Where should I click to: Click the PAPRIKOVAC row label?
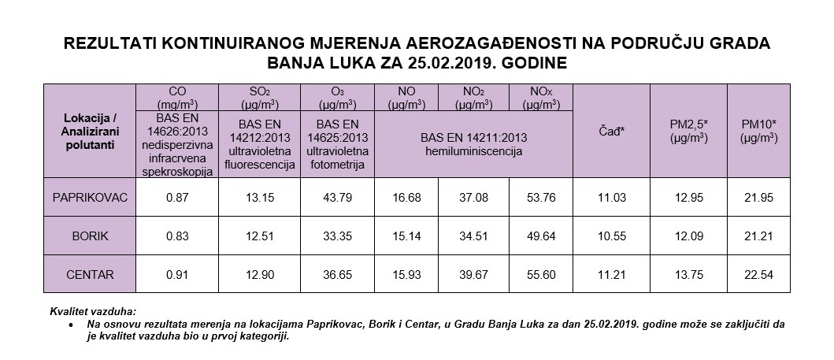click(x=89, y=196)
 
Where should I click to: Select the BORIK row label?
click(x=89, y=236)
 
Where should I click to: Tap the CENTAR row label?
click(x=89, y=275)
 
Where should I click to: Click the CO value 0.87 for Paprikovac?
click(x=176, y=196)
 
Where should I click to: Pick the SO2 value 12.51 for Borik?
click(x=259, y=236)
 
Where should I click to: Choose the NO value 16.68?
click(x=405, y=196)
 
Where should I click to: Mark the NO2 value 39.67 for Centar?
click(x=473, y=275)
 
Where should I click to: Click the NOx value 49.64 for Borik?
click(x=541, y=236)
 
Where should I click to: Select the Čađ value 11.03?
click(x=611, y=196)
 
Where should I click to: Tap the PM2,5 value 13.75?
click(x=688, y=275)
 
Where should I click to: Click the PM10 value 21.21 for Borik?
click(x=759, y=236)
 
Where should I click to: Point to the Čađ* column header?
click(x=611, y=130)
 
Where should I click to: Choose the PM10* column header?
click(x=759, y=130)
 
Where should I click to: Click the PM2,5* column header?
click(x=688, y=130)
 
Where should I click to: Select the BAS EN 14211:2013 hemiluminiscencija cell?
click(x=473, y=143)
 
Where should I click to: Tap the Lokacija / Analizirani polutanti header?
click(x=89, y=130)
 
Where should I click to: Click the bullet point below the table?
click(x=72, y=325)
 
